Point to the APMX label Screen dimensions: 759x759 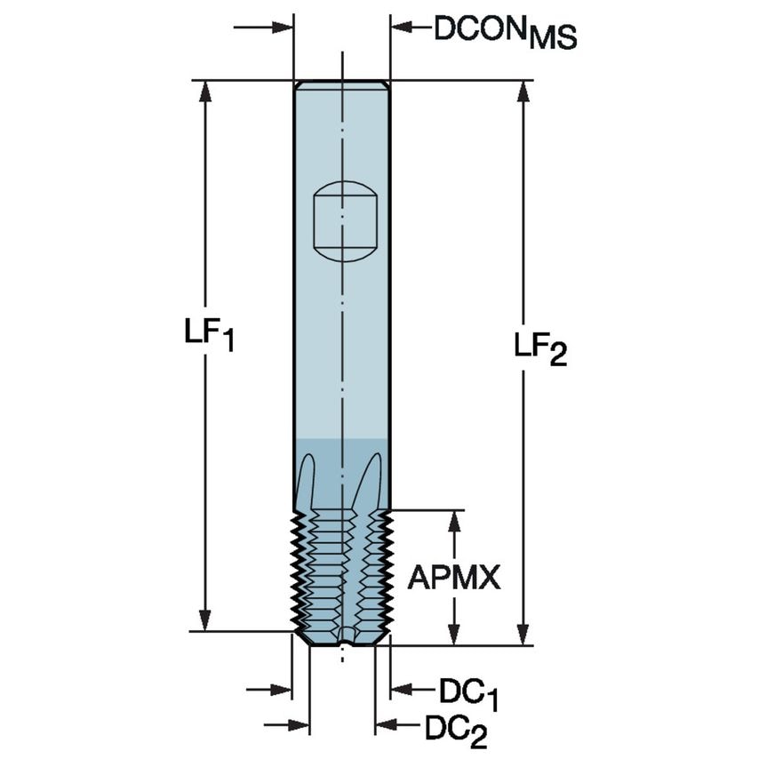[454, 578]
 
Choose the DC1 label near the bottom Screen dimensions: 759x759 [468, 692]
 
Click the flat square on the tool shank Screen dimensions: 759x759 [345, 221]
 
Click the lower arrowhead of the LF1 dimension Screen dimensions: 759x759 [206, 621]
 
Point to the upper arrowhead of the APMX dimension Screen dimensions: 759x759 [454, 521]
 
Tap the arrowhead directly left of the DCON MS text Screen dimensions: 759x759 [401, 28]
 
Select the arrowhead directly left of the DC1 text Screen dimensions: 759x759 [401, 689]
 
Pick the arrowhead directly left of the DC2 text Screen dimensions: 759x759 [385, 726]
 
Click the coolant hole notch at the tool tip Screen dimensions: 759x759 [345, 635]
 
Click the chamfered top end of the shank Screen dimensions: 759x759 [341, 85]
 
